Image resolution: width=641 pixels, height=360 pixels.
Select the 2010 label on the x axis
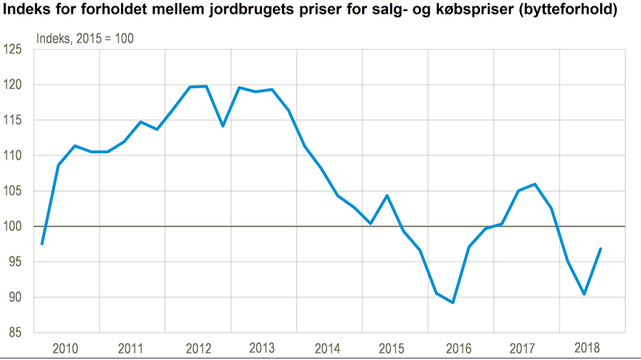[x=65, y=348]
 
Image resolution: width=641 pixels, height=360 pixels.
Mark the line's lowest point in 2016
[x=454, y=303]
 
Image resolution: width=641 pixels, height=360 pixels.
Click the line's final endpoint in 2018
[x=601, y=249]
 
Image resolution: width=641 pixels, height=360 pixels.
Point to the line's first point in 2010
[x=42, y=244]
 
